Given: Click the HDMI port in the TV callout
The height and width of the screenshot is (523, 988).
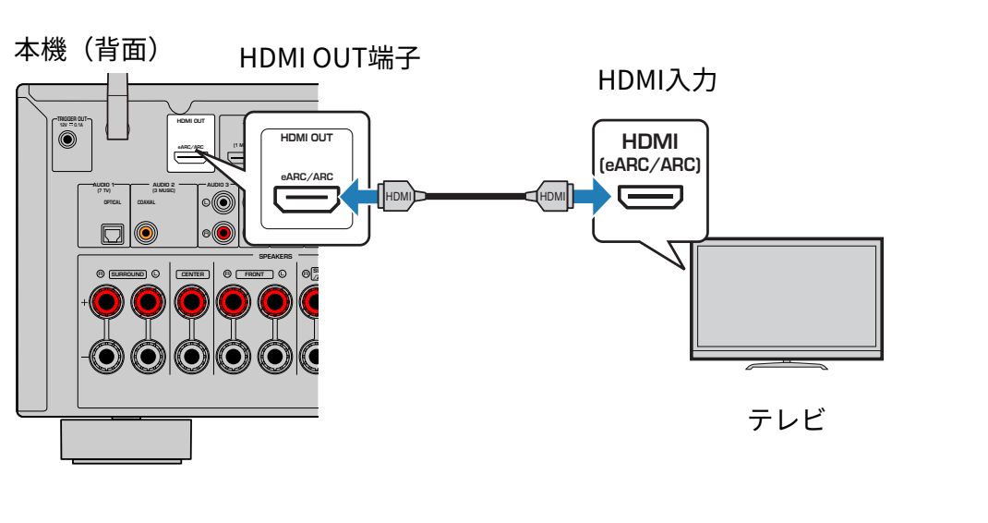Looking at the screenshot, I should (x=649, y=197).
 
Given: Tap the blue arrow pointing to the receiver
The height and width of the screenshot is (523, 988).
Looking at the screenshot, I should (x=359, y=196).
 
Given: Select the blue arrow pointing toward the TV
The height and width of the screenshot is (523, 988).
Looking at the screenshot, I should (x=592, y=196).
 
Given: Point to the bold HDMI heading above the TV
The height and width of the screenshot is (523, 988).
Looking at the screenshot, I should (x=649, y=141).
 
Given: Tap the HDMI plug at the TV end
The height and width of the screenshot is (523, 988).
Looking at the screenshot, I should (x=552, y=196).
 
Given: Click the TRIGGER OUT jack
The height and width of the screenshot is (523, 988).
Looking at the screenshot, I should (x=67, y=140).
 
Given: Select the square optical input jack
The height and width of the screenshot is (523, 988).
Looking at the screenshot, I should (x=112, y=233).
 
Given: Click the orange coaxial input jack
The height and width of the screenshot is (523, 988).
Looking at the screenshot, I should (x=145, y=233).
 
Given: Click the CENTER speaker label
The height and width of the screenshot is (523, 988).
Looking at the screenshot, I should (x=192, y=274).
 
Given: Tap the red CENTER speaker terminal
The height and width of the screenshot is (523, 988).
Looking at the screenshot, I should (x=192, y=301).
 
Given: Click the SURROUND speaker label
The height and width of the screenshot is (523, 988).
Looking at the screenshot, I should (x=127, y=274).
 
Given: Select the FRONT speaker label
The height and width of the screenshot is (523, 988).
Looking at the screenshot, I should (x=254, y=274).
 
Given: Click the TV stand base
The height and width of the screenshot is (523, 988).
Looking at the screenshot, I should (x=787, y=365).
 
